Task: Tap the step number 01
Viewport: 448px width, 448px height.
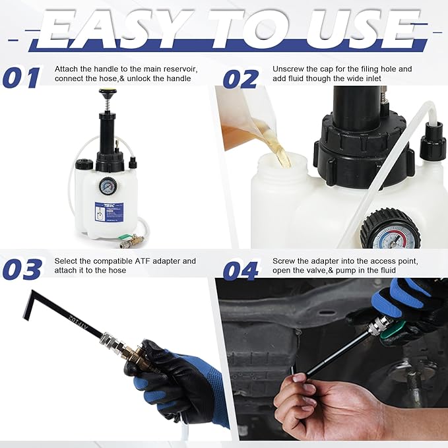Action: [21, 79]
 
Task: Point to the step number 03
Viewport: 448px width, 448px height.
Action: [22, 269]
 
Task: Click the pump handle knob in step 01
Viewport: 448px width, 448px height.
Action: [105, 94]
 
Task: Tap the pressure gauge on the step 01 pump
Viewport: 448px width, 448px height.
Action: [106, 187]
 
